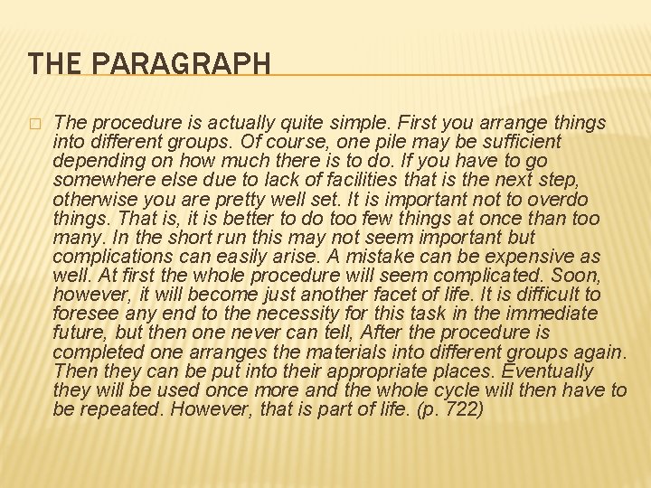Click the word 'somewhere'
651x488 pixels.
click(x=100, y=179)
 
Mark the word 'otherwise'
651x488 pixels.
click(x=93, y=198)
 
